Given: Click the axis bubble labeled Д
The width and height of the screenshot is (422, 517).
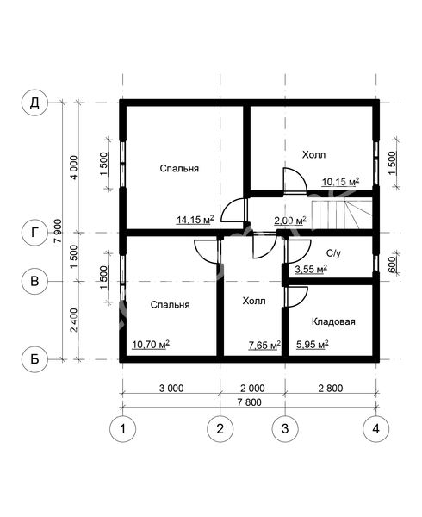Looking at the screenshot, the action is tap(34, 103).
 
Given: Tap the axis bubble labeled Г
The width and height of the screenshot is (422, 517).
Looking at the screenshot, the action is tap(34, 233).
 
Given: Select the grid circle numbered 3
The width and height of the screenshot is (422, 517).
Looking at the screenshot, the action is tap(285, 428).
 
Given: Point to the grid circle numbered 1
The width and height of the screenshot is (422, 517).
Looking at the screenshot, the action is tap(122, 428).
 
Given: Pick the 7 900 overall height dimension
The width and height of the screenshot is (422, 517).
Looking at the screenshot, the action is tap(58, 231).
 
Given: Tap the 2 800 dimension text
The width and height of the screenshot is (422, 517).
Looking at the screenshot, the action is tap(331, 388).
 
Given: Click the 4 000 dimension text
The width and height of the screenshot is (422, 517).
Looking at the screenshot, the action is tap(74, 167).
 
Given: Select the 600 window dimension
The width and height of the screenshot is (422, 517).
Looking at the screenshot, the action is tap(392, 265).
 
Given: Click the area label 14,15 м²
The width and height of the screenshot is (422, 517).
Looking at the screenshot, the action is tap(195, 219).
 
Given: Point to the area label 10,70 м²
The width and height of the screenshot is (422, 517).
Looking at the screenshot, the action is tap(151, 345).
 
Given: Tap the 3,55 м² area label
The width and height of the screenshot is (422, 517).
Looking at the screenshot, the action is tap(311, 270).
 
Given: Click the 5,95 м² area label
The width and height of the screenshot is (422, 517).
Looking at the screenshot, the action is tap(313, 345).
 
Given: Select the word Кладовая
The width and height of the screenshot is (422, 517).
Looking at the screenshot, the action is tap(333, 321).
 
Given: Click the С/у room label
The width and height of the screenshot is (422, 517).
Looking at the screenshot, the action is tap(333, 253).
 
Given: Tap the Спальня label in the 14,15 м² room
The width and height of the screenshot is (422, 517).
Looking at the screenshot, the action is tap(179, 169).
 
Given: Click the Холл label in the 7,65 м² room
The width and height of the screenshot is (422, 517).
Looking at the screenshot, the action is tap(254, 301).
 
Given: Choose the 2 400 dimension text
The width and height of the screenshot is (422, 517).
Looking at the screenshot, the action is tap(74, 320).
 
